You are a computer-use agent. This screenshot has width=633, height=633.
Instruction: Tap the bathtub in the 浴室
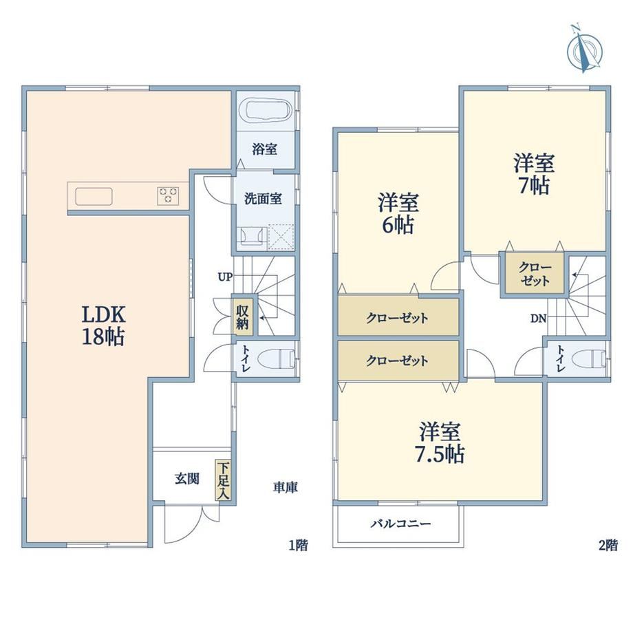(265, 109)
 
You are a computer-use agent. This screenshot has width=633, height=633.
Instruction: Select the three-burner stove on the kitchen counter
(168, 196)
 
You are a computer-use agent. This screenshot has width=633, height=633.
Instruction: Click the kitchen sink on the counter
(94, 197)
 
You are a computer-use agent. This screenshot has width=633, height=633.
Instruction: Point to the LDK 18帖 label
(104, 325)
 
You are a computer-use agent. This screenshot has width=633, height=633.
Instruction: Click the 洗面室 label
(263, 199)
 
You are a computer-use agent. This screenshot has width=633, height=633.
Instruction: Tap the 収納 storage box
(242, 317)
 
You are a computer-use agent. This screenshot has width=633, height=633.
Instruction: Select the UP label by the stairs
(225, 277)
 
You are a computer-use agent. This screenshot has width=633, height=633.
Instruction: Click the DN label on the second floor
(538, 319)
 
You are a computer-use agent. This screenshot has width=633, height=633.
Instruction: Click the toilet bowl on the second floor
(588, 359)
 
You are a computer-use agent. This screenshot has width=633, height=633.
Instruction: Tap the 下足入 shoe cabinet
(223, 480)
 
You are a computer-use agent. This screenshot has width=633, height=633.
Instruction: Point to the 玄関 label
(187, 479)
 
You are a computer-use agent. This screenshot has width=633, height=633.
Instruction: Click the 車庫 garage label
(286, 487)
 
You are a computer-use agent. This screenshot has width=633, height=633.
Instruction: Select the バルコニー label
(401, 524)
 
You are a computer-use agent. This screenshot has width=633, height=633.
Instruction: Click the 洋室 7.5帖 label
(440, 442)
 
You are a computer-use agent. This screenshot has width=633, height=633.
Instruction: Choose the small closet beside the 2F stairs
(535, 274)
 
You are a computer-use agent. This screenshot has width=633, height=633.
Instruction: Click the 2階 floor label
(608, 546)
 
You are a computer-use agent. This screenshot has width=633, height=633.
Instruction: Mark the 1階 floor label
(299, 546)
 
